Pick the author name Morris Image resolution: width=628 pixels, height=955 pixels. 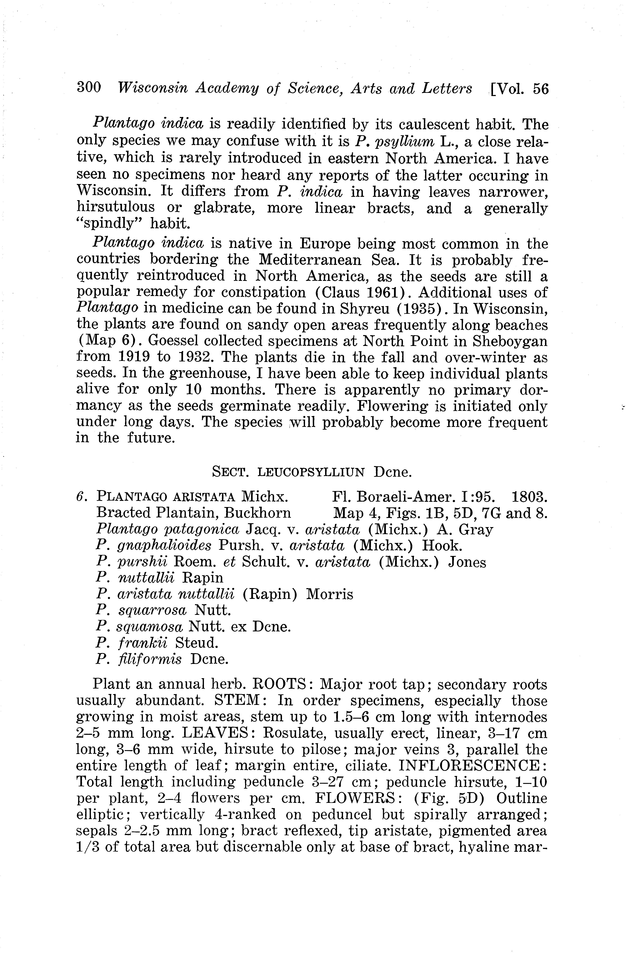click(330, 594)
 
